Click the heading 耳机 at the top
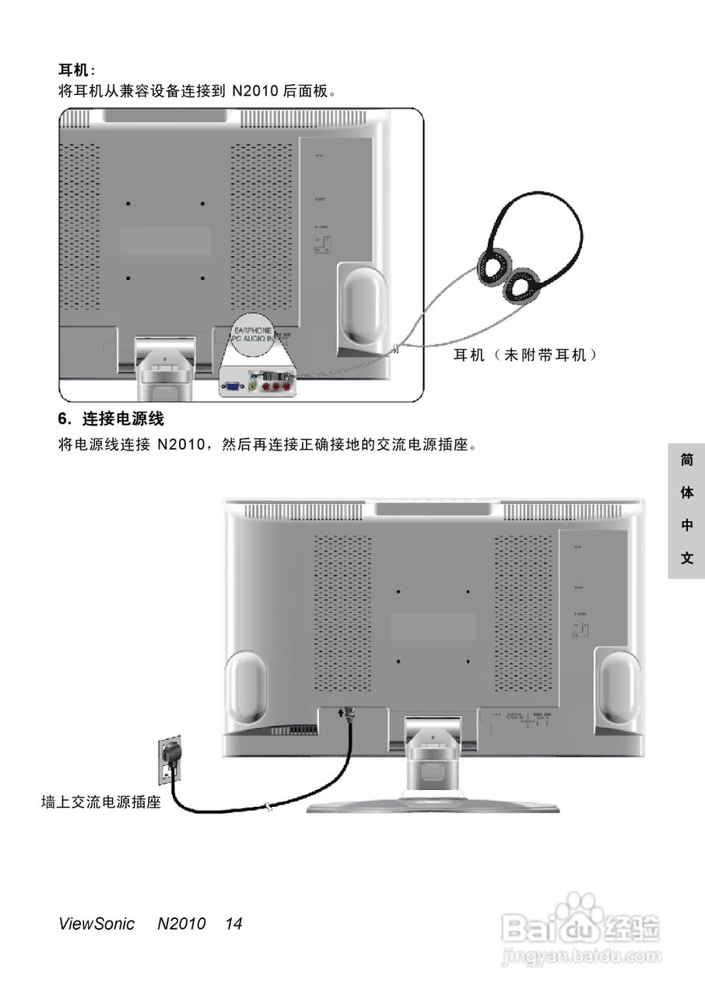(x=76, y=71)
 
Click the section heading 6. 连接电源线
(x=111, y=419)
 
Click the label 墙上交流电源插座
(x=101, y=802)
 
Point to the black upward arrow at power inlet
(x=341, y=711)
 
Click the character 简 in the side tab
(x=686, y=460)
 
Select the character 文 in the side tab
(x=686, y=559)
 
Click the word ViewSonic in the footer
(x=96, y=924)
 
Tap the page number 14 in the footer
(x=233, y=924)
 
